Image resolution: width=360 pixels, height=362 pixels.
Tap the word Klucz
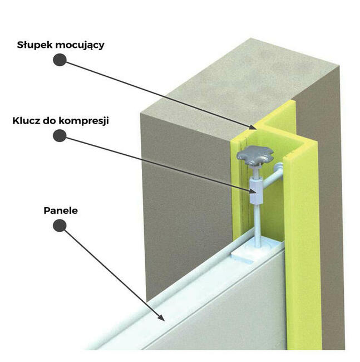(26, 121)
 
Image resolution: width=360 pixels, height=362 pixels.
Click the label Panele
(61, 211)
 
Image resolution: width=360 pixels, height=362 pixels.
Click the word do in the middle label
(49, 121)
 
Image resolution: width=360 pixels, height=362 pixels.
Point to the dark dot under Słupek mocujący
(60, 60)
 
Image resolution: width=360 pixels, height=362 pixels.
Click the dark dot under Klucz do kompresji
(60, 136)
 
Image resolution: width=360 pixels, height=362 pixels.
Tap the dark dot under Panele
(60, 226)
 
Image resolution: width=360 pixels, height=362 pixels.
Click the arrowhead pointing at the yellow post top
(253, 127)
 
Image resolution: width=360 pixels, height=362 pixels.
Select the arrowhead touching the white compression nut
(253, 190)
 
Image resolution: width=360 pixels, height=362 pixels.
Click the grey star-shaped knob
(255, 155)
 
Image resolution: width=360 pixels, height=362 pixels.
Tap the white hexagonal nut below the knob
(256, 191)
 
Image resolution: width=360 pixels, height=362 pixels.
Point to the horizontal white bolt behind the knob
(273, 175)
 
